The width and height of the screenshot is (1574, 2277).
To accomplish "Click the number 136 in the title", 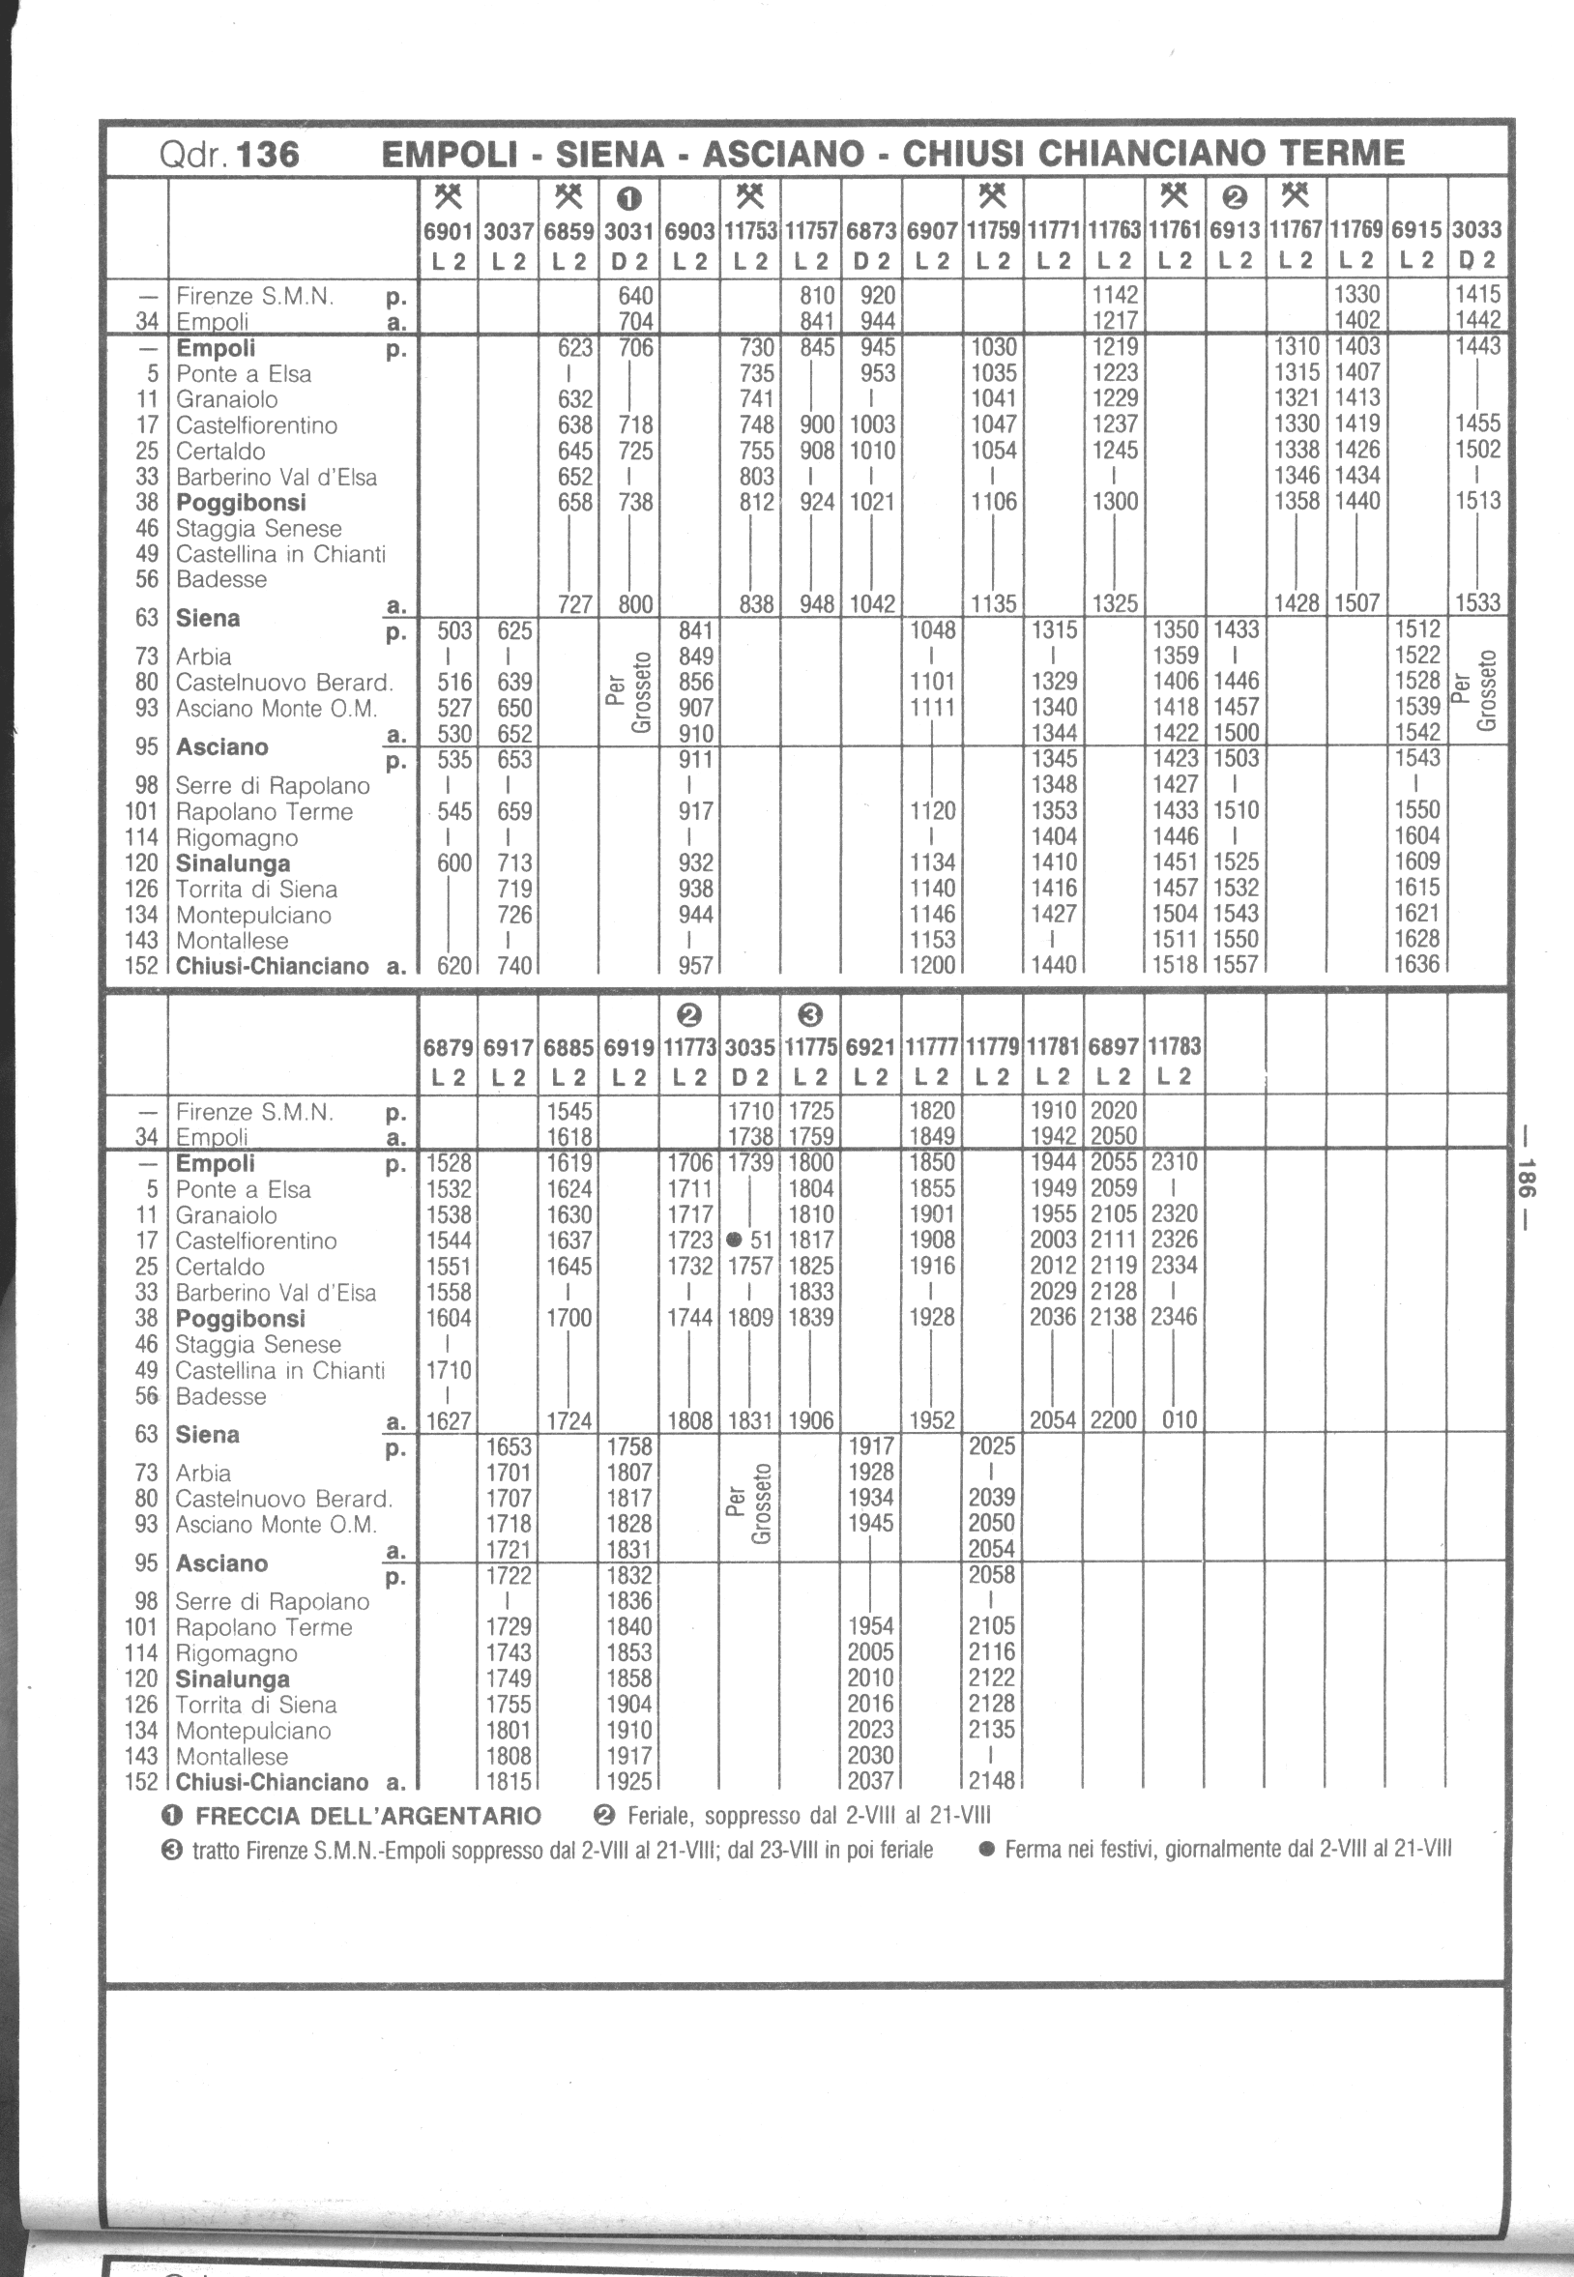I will pos(268,154).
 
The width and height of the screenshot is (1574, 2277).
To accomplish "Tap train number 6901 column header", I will pos(449,231).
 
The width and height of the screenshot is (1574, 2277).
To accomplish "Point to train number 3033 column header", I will pos(1476,231).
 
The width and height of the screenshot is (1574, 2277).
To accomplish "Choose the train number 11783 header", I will pos(1174,1046).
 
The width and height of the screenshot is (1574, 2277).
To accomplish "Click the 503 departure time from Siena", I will pos(454,630).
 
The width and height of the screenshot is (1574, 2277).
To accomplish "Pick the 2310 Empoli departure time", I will pos(1174,1162).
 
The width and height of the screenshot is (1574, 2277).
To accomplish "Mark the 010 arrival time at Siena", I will pos(1180,1420).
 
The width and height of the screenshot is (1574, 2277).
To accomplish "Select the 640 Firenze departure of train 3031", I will pos(635,295).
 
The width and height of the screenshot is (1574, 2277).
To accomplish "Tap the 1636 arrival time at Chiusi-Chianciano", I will pos(1416,964).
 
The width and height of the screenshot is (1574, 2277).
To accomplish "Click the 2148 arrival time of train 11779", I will pos(991,1780).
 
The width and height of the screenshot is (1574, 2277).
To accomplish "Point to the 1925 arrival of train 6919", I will pos(629,1781).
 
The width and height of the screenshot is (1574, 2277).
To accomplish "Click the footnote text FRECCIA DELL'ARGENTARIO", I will pos(367,1816).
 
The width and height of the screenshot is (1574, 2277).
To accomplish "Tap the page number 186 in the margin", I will pos(1527,1176).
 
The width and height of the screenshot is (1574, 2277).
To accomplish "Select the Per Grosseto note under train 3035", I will pos(749,1503).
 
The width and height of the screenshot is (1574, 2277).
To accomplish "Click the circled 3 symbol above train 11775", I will pos(809,1014).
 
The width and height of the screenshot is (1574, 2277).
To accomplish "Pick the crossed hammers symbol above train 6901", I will pos(449,195).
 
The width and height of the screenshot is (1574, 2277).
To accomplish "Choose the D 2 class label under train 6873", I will pos(871,261).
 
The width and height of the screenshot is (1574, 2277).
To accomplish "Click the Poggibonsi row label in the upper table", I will pos(241,503).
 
